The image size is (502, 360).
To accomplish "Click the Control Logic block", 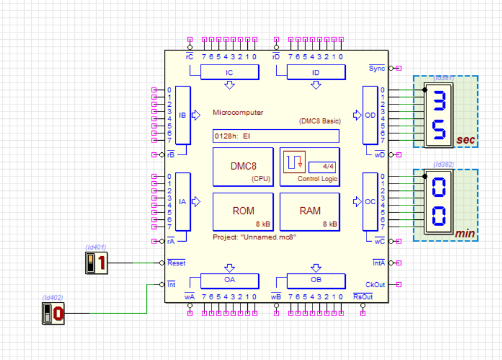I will point(309,167).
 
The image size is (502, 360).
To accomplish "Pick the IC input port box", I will point(229,72).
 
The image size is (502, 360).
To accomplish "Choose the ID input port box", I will point(316,72).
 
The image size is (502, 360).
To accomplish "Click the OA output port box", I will point(229,281).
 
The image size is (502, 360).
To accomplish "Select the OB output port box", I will point(316,281).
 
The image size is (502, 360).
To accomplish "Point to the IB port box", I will point(183,115).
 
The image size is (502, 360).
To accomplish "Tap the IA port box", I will point(183,202).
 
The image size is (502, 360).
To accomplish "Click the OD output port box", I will point(370,115).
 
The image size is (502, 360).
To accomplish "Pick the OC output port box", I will point(370,202).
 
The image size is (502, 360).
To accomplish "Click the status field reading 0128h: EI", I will point(275,136).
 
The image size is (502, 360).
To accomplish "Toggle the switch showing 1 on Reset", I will point(96,264).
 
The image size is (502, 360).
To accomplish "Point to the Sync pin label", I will point(376,68).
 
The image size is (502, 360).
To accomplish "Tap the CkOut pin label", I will point(375,284).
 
